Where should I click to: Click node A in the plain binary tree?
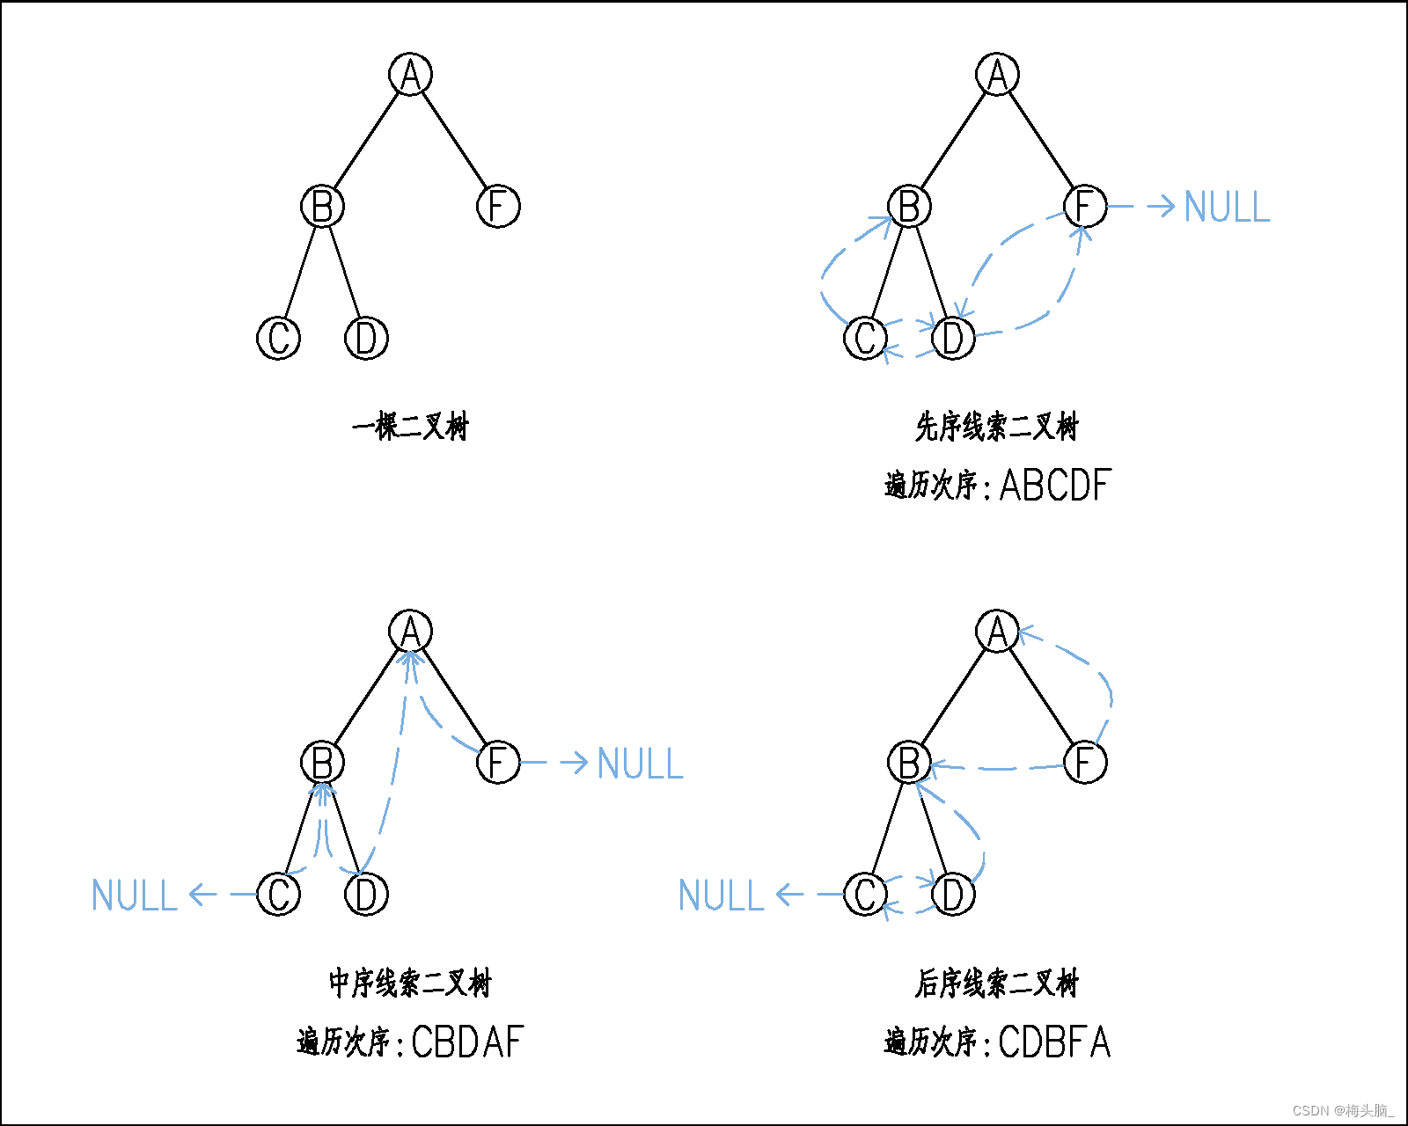point(410,74)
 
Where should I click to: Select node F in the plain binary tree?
point(498,206)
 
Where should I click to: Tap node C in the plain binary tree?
point(278,338)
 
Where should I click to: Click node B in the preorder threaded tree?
point(909,206)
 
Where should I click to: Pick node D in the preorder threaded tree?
point(953,338)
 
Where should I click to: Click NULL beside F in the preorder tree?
point(1227,207)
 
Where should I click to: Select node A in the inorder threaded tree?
point(410,631)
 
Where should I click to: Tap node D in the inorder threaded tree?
point(366,895)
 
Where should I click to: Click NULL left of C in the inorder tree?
point(135,896)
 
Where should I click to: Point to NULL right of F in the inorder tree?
point(640,763)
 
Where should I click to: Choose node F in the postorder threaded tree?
point(1085,762)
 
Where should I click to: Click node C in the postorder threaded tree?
point(865,895)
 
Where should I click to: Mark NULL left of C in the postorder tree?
point(722,896)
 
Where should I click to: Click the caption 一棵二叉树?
point(410,427)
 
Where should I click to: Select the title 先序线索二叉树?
point(996,427)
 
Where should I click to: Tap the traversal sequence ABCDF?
point(1055,485)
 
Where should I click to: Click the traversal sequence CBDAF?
point(467,1042)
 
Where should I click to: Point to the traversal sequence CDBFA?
point(1054,1042)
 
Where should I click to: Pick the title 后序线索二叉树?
point(996,983)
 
